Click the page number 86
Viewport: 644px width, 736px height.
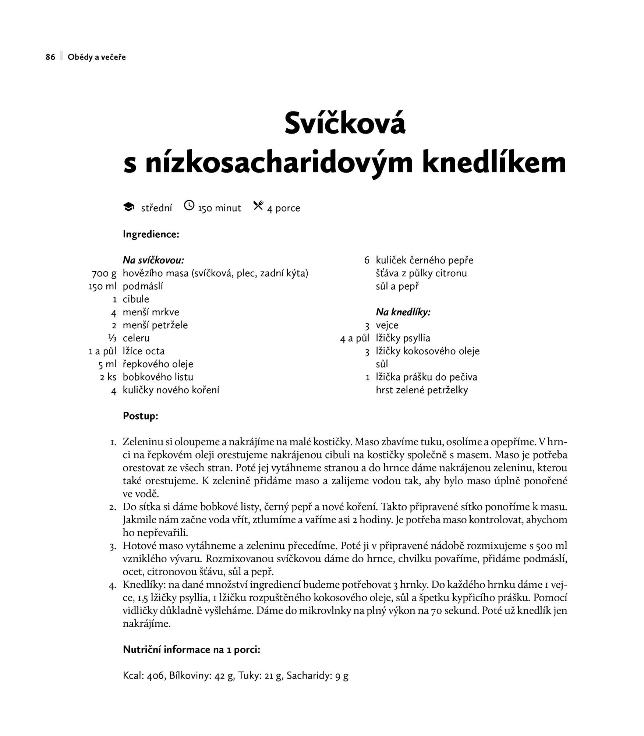[x=50, y=57]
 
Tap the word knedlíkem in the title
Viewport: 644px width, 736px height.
[x=494, y=163]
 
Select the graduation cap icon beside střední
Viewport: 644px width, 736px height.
[x=128, y=207]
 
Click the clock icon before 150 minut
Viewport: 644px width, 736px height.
[x=189, y=205]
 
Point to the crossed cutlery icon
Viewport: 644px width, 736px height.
[x=258, y=206]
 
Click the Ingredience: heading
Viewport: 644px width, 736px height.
[x=151, y=234]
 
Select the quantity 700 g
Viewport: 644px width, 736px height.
[x=104, y=273]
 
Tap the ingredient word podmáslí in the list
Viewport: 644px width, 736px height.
[x=143, y=286]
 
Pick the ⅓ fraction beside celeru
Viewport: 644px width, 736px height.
[x=112, y=338]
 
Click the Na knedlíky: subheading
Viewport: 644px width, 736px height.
[x=403, y=312]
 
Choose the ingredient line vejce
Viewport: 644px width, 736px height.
[x=387, y=325]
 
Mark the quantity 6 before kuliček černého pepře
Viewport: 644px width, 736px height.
[x=367, y=261]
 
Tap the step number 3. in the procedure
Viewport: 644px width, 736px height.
[x=113, y=546]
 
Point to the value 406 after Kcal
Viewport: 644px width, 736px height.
[x=155, y=676]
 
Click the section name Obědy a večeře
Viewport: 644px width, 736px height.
[x=97, y=57]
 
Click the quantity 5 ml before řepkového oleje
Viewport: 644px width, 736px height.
[x=107, y=364]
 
